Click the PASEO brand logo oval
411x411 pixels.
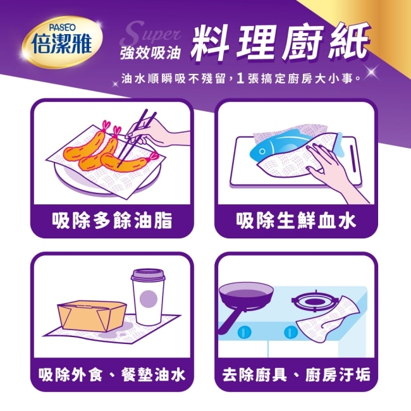coord(62,42)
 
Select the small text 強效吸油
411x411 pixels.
coord(150,53)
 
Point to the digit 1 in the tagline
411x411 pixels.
coord(240,78)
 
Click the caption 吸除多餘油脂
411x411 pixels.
coord(112,220)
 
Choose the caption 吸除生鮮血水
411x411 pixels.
coord(296,220)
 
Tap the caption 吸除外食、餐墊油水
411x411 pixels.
coord(112,374)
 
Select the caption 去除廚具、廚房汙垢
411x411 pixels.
coord(296,374)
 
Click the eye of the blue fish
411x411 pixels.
coord(262,152)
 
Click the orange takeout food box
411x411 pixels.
coord(92,316)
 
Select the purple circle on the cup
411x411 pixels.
coord(149,299)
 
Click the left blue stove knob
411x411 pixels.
coord(245,332)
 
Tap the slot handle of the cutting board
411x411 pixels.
coord(353,158)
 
